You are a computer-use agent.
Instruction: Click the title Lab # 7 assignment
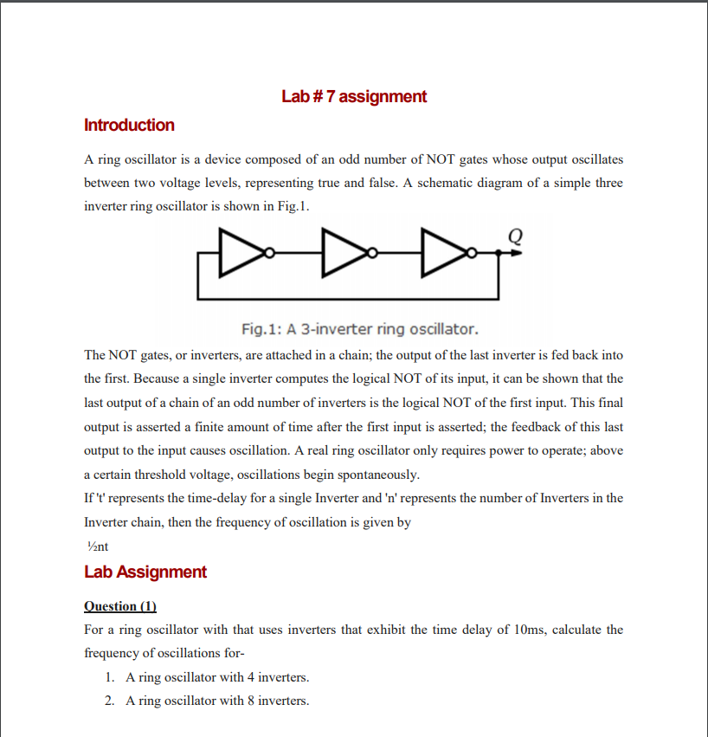354,96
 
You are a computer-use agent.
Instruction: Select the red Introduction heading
129,125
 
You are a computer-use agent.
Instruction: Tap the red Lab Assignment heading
145,572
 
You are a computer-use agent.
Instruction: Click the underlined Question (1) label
120,605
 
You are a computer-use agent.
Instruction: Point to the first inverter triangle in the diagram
240,253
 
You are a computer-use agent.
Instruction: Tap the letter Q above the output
516,234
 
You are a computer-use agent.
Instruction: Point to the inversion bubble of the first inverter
269,253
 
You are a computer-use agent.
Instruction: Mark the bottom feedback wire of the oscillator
346,299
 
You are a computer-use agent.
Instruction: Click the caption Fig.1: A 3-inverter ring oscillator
359,329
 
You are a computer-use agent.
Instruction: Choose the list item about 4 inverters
217,676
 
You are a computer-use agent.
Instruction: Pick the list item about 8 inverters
217,700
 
